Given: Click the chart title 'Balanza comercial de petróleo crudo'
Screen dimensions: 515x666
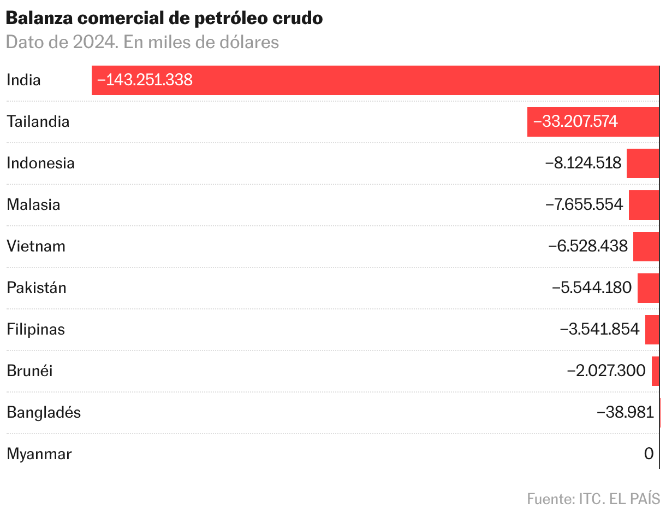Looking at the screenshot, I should tap(164, 18).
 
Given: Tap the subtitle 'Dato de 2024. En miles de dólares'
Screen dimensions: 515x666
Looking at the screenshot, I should tap(142, 42).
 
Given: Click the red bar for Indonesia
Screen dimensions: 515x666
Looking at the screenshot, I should tap(643, 163).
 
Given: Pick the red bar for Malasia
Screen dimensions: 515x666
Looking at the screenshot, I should tap(644, 205).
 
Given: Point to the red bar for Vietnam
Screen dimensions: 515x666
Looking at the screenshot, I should tap(646, 247).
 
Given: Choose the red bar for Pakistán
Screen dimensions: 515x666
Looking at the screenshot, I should tap(648, 288).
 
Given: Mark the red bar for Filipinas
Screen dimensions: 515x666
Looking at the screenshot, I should tap(652, 330).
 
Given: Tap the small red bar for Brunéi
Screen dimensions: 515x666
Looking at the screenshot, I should tap(655, 371).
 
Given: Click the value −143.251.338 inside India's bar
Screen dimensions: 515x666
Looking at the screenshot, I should tap(145, 80).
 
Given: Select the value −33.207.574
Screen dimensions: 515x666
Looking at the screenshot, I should tap(575, 122).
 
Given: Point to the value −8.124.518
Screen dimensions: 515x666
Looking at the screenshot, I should tap(584, 163).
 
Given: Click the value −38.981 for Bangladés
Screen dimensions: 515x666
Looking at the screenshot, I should tap(625, 413).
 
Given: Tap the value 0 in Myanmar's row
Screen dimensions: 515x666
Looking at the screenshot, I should tap(649, 454).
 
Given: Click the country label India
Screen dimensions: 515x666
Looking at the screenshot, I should tap(23, 80).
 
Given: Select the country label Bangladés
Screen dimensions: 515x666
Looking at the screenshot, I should tap(44, 413).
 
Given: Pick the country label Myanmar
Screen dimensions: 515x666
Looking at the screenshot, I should tap(39, 454).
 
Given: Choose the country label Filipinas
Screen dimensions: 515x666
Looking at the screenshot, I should tap(35, 330).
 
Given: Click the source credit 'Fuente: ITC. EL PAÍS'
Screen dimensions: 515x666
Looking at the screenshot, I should tap(593, 499).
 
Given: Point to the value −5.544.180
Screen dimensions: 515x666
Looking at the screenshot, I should tap(592, 288).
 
